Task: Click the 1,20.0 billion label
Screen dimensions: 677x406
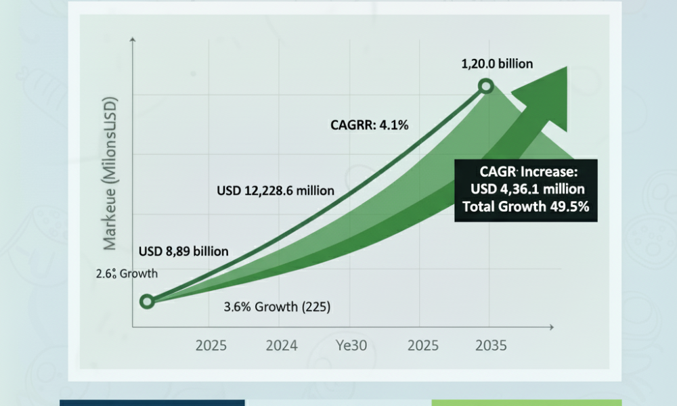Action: pos(497,64)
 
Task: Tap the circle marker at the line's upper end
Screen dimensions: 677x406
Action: pos(486,87)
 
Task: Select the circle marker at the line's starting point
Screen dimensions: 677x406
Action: pos(147,301)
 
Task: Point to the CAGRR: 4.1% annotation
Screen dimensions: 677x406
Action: pos(369,125)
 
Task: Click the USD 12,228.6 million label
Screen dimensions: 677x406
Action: pos(276,191)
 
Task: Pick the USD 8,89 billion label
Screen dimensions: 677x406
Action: pos(183,251)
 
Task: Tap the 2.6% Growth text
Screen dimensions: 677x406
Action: pos(127,273)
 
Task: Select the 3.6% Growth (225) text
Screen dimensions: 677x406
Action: pos(277,307)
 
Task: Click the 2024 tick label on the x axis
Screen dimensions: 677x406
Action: pos(282,345)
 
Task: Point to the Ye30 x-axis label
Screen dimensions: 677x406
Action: pos(351,345)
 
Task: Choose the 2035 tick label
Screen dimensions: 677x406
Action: pos(491,345)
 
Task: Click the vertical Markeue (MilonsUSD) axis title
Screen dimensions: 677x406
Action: pos(110,173)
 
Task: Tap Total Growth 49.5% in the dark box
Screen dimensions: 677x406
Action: pos(526,206)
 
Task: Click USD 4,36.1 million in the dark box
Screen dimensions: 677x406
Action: pos(527,189)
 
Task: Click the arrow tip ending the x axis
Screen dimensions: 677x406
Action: pos(553,328)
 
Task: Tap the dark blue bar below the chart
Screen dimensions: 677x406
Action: pos(152,403)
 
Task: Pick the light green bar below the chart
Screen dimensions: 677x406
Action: pos(527,403)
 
